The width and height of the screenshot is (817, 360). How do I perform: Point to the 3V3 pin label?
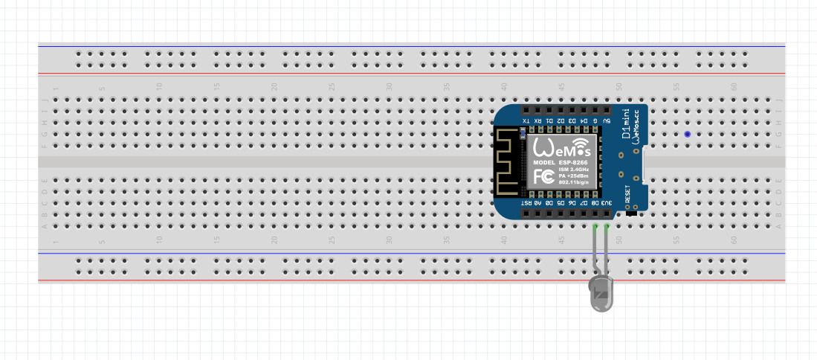tap(607, 202)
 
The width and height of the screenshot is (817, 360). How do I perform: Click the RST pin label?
tap(527, 202)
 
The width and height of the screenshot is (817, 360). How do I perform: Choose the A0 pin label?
tap(538, 202)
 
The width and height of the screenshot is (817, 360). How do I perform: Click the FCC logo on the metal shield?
tap(543, 176)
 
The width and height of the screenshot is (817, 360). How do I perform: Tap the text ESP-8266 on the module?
tap(570, 162)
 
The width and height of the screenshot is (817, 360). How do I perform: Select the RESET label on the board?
tap(628, 194)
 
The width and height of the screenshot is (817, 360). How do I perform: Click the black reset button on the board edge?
tap(633, 214)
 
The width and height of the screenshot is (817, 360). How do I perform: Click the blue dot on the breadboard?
tap(687, 135)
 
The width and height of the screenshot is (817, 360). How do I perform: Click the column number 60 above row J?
tap(734, 87)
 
